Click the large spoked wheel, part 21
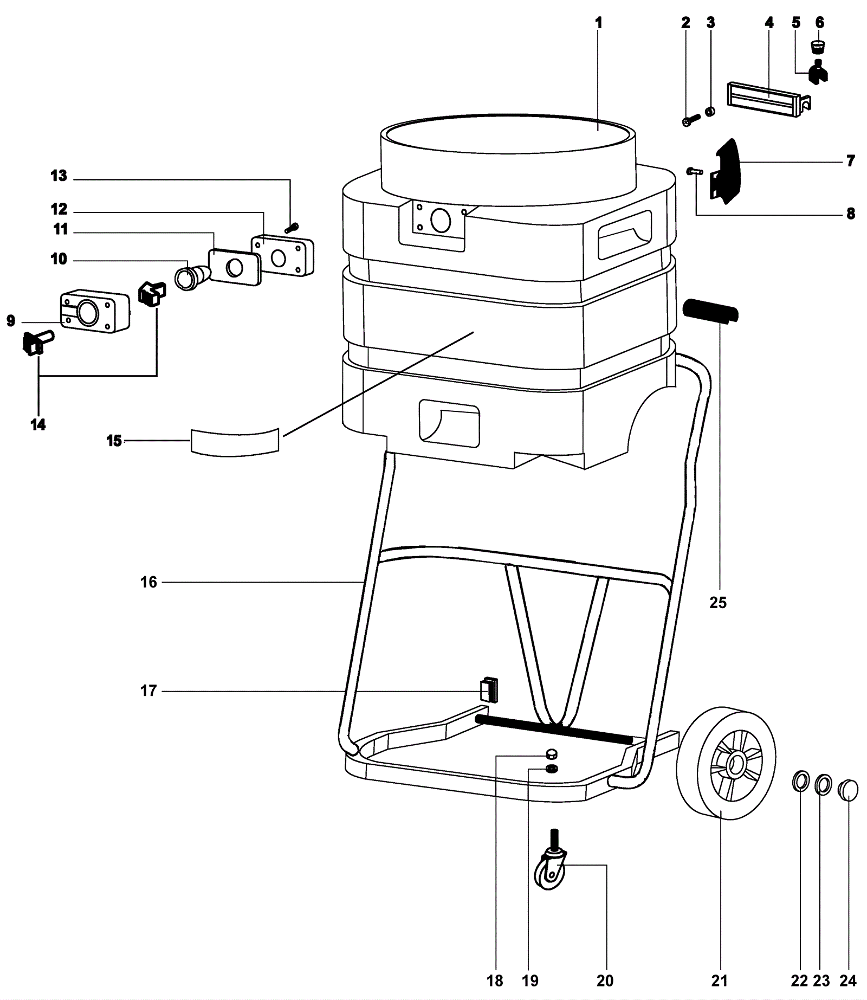(x=726, y=763)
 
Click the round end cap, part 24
(x=849, y=790)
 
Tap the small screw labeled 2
(x=690, y=120)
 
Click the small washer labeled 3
(x=709, y=112)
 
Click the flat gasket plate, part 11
(x=235, y=267)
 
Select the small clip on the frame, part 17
(x=488, y=690)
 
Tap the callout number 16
(x=148, y=582)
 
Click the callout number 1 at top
(x=598, y=23)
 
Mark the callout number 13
(x=59, y=176)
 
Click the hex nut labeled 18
(x=552, y=752)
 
